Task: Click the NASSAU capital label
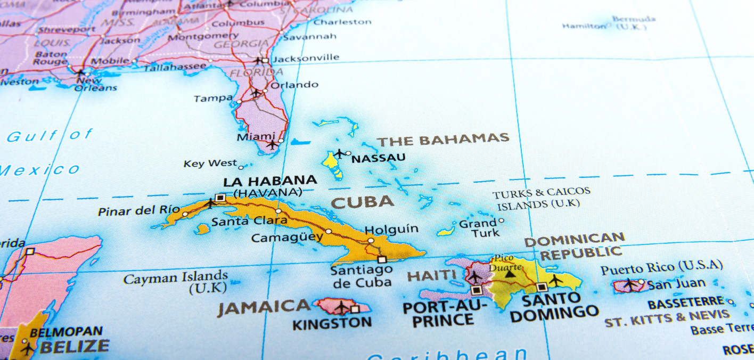(378, 158)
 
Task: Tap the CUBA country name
(362, 202)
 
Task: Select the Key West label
(210, 163)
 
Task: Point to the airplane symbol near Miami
(272, 144)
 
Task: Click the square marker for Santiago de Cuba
(382, 260)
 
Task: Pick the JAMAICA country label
(263, 307)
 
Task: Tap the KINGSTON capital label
(332, 323)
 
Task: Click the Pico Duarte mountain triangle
(510, 274)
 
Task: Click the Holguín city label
(391, 230)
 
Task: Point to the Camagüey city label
(287, 238)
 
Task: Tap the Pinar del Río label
(139, 210)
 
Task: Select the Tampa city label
(213, 99)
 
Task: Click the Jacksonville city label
(305, 58)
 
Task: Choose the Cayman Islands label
(176, 277)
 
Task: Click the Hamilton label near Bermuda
(584, 26)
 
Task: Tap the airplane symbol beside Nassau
(339, 154)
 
